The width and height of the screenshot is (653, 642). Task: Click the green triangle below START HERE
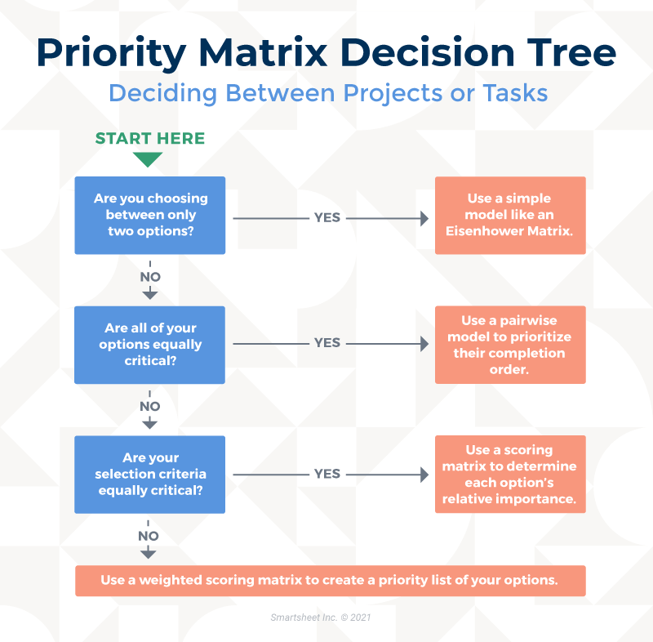(x=148, y=159)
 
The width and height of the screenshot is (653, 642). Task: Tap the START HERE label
(x=150, y=138)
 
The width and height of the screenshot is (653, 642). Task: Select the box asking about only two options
(x=150, y=216)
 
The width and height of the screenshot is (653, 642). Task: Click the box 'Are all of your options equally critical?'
(x=150, y=345)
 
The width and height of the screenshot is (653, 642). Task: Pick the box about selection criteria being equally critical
(x=150, y=475)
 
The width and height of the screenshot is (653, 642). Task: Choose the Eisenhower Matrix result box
(x=510, y=216)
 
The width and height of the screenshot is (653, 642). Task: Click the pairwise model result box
(x=510, y=345)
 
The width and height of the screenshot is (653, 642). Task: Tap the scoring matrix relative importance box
(x=510, y=474)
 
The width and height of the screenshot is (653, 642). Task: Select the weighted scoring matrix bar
(x=331, y=581)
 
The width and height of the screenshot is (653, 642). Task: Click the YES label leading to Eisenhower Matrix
(x=327, y=217)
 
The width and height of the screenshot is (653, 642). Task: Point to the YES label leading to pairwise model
(x=327, y=343)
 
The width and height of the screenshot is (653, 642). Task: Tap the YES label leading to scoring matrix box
(x=327, y=474)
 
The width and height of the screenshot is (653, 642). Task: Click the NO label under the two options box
(x=150, y=277)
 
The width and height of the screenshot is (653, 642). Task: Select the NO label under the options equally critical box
(x=150, y=406)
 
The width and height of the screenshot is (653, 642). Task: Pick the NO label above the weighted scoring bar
(x=149, y=536)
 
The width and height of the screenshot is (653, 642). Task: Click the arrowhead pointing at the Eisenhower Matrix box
(x=424, y=218)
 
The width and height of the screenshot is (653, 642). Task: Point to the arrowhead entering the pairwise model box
(x=424, y=344)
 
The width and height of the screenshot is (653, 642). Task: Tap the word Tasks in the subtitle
(x=515, y=92)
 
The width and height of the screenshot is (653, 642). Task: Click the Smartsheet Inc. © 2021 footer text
(x=321, y=617)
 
